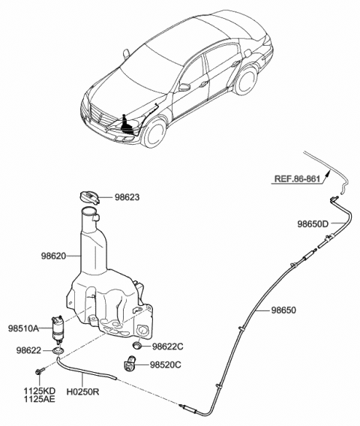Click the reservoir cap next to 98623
click(x=88, y=197)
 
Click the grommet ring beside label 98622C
click(x=138, y=345)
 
